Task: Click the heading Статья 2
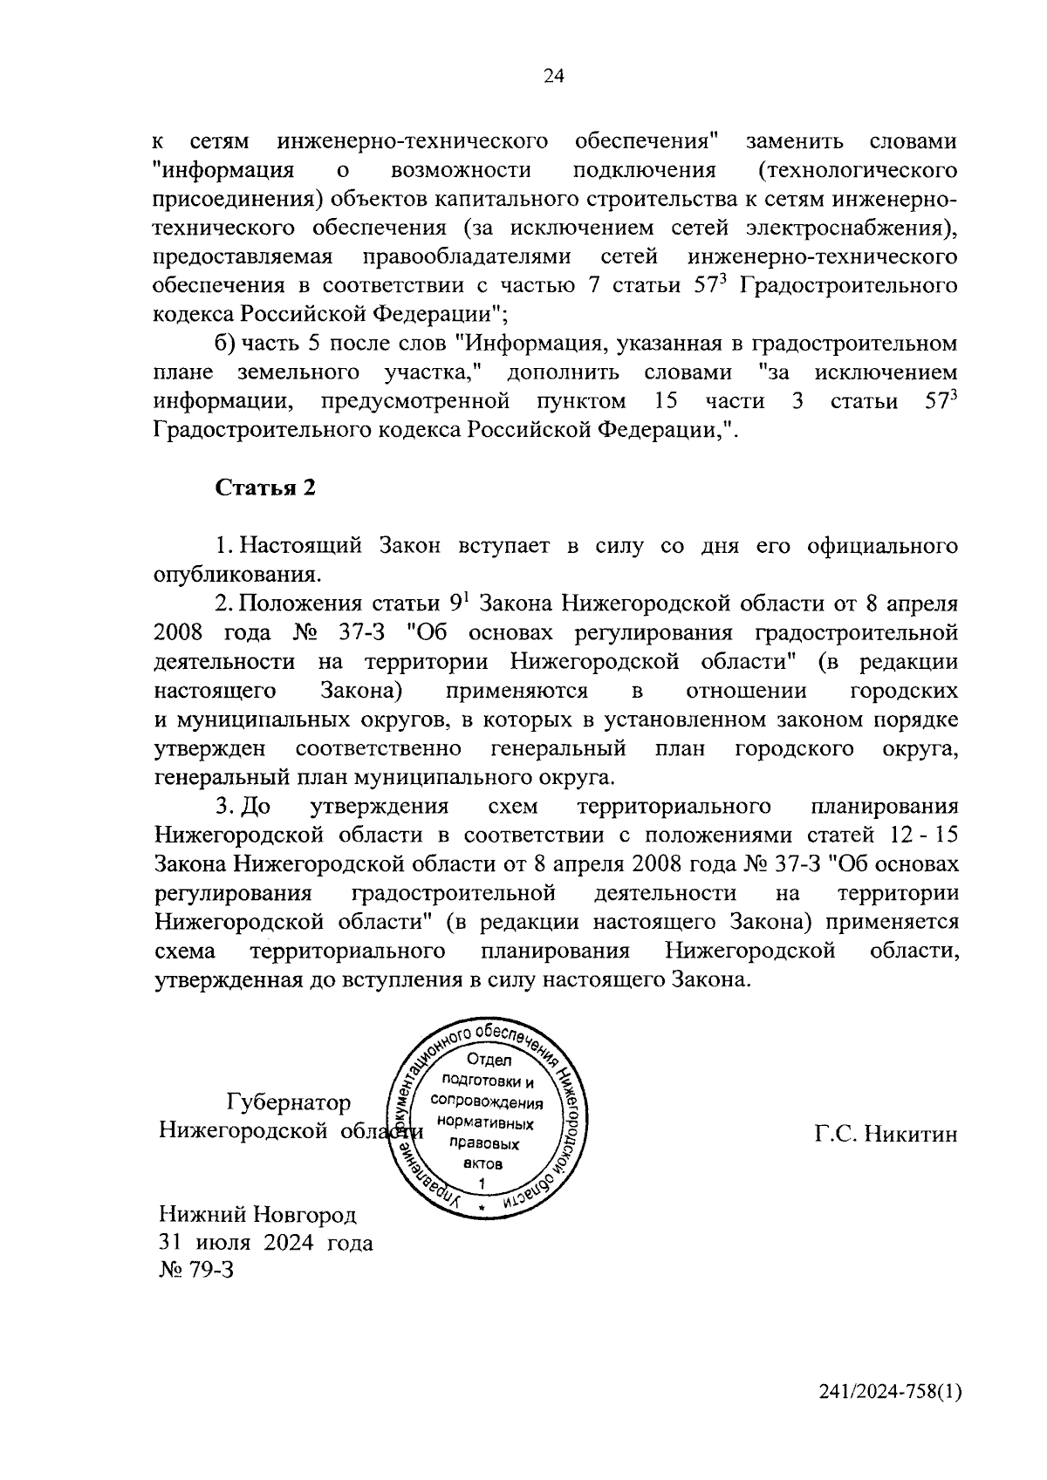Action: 264,488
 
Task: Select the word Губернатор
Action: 289,1103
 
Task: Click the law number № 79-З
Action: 196,1269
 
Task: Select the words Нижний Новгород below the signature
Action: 257,1214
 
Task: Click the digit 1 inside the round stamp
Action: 482,1183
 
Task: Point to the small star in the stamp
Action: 482,1208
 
